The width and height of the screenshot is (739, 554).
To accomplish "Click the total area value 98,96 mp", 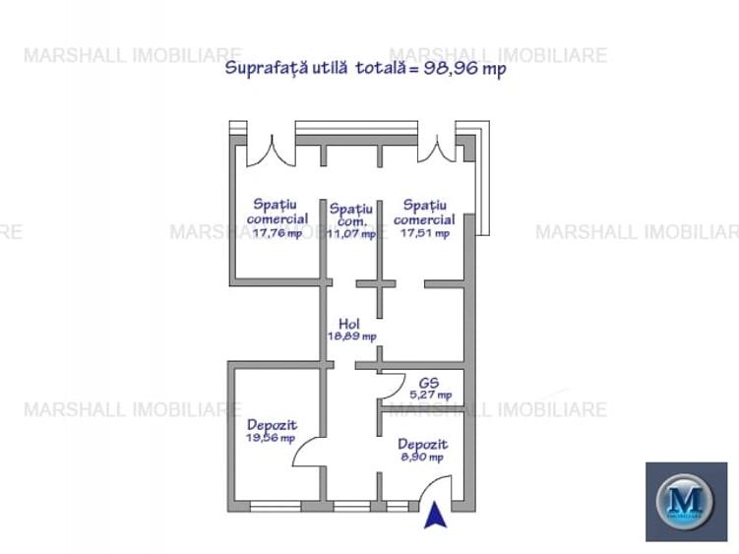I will (x=464, y=69).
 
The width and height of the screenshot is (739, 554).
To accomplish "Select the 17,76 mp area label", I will (x=277, y=233).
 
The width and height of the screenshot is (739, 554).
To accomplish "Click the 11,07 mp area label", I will (x=351, y=234).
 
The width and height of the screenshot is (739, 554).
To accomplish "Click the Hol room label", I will (x=349, y=323).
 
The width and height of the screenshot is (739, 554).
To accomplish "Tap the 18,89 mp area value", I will (x=351, y=336).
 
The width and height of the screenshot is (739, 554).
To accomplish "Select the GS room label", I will (x=429, y=382).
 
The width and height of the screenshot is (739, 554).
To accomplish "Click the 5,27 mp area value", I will (x=430, y=395).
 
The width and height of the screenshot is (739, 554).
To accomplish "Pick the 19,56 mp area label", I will (x=271, y=438).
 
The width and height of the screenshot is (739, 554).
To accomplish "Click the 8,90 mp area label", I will (x=422, y=457).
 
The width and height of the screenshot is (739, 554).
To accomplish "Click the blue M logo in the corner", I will (x=686, y=502).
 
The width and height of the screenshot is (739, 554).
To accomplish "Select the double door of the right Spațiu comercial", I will (x=437, y=148).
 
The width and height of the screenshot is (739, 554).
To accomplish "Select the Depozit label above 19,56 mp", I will (x=272, y=424).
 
